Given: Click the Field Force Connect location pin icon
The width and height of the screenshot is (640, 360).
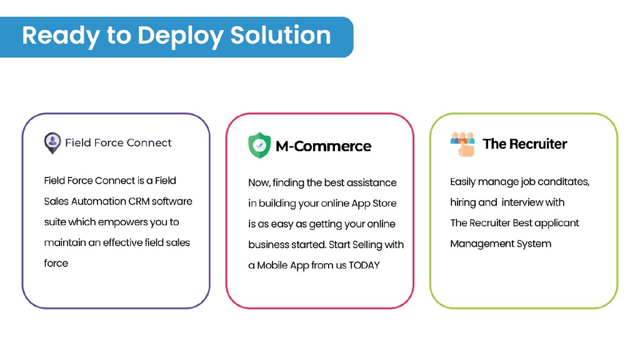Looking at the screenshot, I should click(x=52, y=143).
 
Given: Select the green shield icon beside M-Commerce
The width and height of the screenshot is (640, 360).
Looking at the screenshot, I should click(x=259, y=146).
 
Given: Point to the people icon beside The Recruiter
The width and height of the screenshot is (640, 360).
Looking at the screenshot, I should click(x=462, y=144).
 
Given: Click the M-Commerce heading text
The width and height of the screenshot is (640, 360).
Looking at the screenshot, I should click(x=323, y=146).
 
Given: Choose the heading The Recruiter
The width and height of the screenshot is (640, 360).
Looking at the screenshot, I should click(x=524, y=144).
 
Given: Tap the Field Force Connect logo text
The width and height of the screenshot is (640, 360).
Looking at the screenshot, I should click(x=118, y=142).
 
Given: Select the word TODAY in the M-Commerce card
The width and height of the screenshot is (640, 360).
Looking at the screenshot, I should click(x=364, y=265).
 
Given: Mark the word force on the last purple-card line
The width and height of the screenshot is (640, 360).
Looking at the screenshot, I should click(x=56, y=263).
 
